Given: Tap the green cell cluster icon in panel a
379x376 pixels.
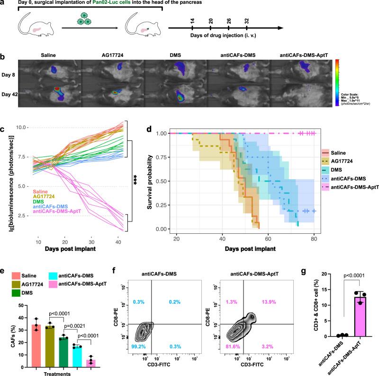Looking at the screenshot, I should [90, 23].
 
